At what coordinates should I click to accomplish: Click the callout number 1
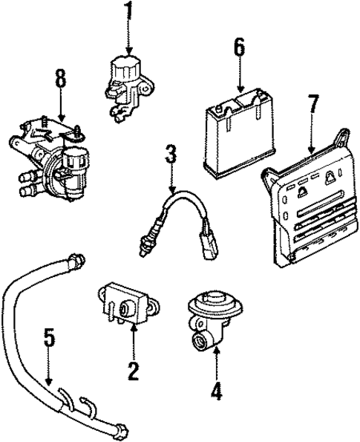click(128, 13)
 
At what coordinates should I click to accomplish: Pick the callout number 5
click(48, 339)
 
